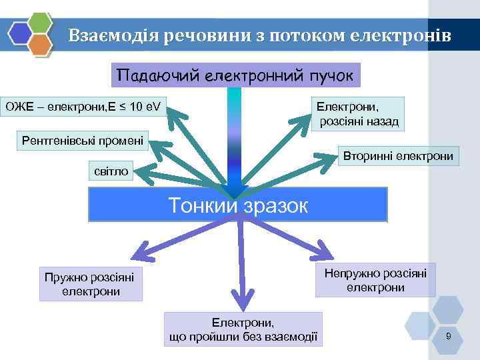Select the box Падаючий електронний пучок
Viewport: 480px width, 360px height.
(x=235, y=75)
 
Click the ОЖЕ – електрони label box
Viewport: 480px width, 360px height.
(x=85, y=105)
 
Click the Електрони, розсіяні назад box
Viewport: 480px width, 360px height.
(x=359, y=113)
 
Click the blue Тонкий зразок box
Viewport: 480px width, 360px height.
(x=238, y=204)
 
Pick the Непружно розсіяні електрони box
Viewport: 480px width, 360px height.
(x=375, y=280)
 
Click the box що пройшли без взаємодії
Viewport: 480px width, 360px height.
(x=243, y=329)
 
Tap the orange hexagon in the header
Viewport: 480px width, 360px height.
(x=41, y=45)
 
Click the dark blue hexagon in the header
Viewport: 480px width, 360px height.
(x=20, y=33)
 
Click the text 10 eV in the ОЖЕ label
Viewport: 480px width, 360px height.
(x=147, y=105)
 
